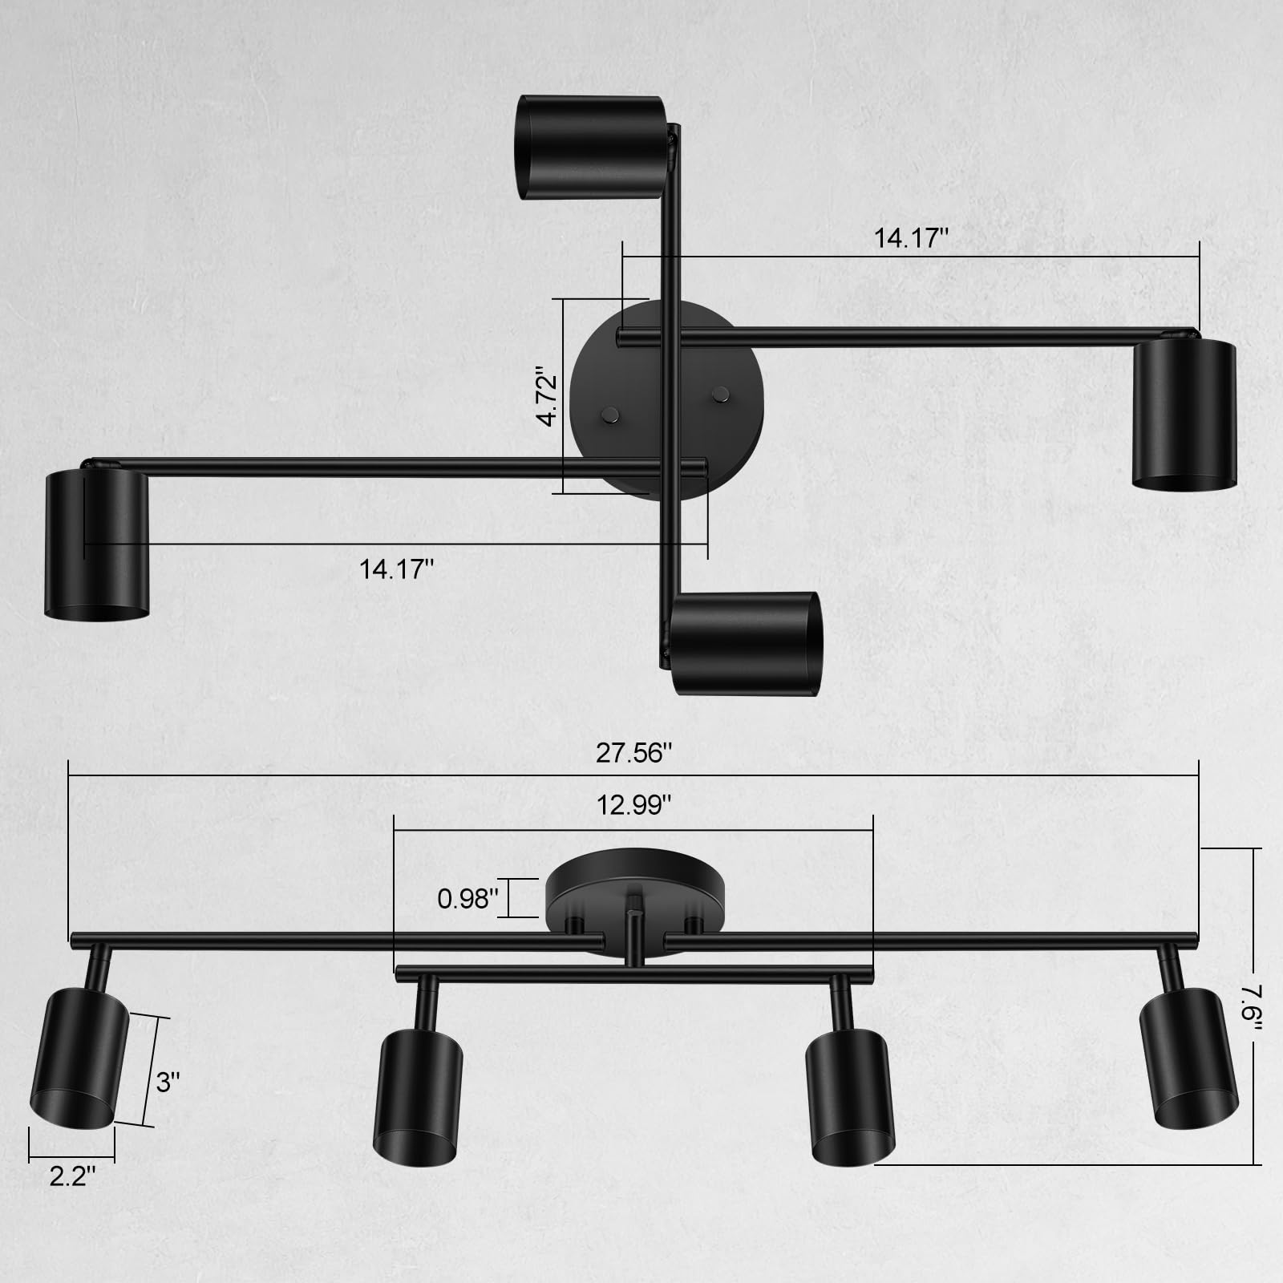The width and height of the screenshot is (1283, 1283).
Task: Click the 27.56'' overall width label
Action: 633,754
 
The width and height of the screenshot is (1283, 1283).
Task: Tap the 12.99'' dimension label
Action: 633,805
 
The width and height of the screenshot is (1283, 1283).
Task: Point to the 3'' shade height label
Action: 168,1083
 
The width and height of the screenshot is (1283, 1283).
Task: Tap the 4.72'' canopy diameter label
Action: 547,397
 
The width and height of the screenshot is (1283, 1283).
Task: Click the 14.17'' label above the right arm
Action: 911,238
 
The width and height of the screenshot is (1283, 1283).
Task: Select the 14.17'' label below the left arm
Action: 396,569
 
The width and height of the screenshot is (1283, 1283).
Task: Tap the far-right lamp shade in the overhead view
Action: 1184,414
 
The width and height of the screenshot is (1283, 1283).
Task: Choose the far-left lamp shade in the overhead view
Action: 96,545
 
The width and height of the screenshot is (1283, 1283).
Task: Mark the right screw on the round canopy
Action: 721,393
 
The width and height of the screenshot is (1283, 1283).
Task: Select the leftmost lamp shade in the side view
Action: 79,1058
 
